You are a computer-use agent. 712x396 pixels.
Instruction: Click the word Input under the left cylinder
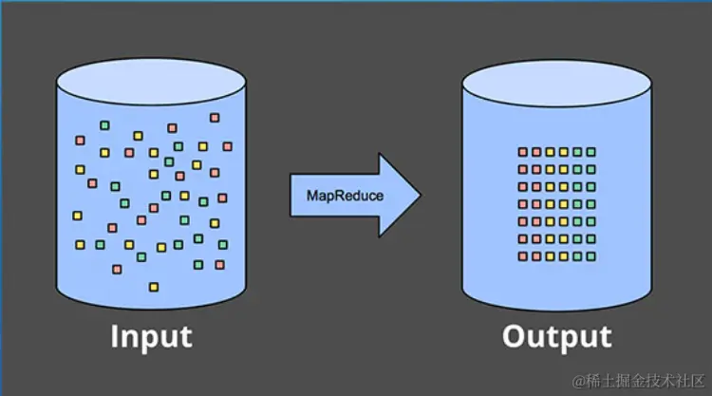tap(151, 337)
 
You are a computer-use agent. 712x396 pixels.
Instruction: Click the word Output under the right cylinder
tap(557, 337)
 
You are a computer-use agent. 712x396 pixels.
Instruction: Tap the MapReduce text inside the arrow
tap(345, 196)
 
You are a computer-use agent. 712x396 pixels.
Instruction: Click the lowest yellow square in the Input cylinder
tap(153, 287)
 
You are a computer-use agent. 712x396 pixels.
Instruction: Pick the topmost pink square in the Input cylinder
tap(215, 118)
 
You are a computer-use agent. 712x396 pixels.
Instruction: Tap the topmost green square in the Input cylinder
tap(104, 124)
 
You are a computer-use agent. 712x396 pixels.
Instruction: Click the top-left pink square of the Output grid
tap(522, 152)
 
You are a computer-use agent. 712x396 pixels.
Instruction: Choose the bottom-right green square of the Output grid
tap(590, 256)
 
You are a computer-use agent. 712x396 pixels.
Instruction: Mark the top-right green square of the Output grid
tap(590, 152)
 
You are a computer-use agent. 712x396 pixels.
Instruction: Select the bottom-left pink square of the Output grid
tap(522, 256)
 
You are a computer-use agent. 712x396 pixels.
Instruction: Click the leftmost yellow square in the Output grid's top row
tap(550, 152)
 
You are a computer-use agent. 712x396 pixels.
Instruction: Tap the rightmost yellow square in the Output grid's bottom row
tap(563, 256)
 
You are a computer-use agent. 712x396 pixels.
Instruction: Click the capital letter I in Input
tap(115, 337)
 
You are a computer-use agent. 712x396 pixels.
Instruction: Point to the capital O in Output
tap(515, 337)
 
